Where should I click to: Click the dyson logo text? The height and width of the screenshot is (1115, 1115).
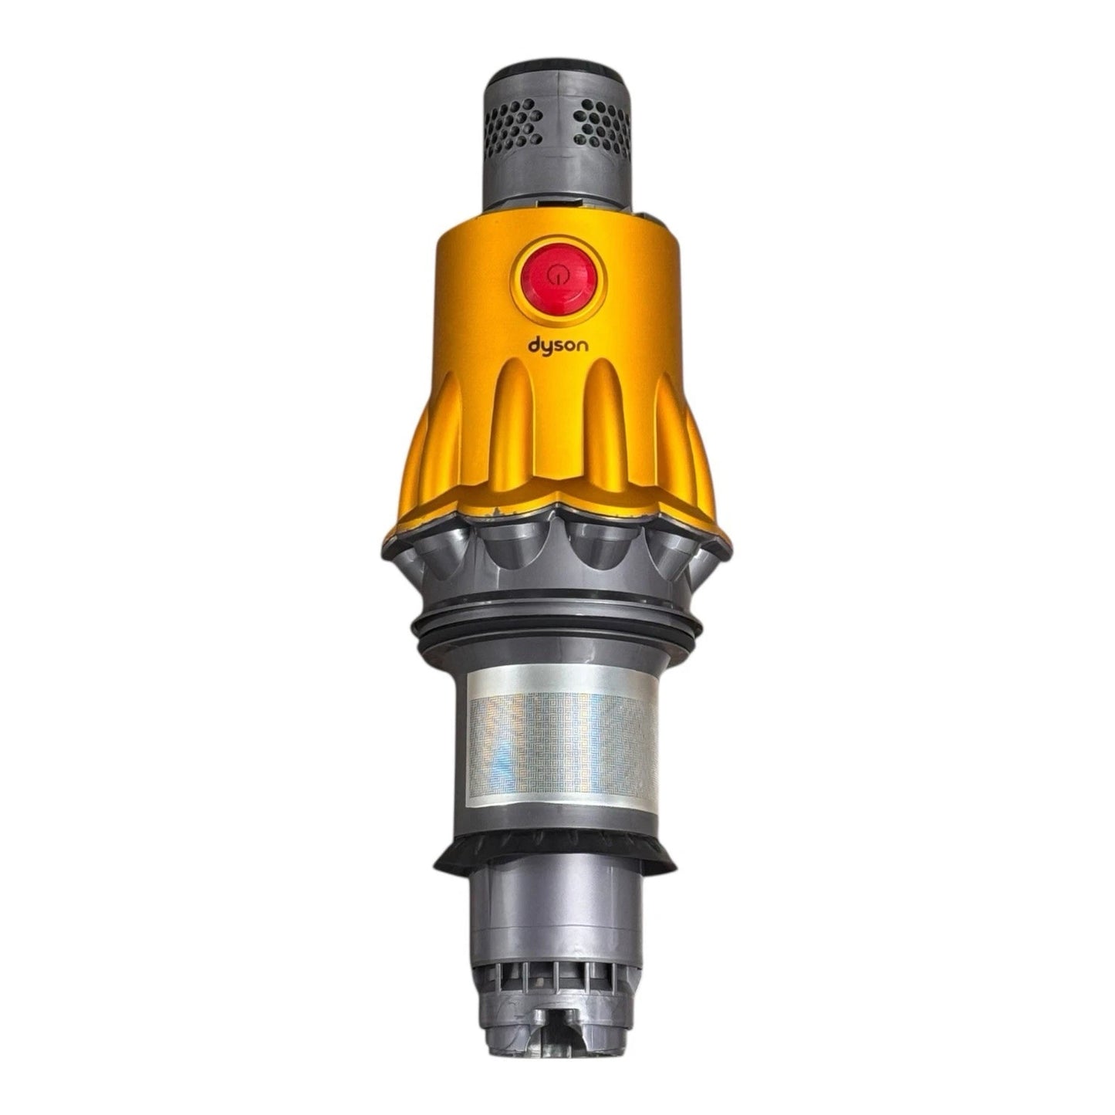pos(558,346)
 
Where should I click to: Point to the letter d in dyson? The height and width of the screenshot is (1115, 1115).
pos(534,344)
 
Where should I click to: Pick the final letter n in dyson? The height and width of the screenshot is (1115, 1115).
pos(583,346)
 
